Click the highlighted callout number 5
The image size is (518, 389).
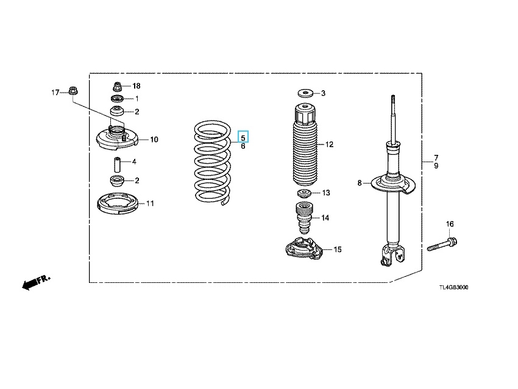(243, 137)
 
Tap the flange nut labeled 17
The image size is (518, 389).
(73, 90)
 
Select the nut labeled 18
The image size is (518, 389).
(117, 87)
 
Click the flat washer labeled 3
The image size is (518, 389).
(306, 93)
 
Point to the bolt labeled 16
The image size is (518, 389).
(442, 244)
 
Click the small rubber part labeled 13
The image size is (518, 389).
(304, 193)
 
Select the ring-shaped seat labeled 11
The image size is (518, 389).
(118, 204)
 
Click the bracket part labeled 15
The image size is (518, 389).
(303, 249)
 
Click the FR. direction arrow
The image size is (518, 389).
(36, 282)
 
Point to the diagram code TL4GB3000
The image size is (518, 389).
(453, 287)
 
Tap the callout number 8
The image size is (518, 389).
(360, 183)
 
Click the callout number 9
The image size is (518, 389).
(436, 166)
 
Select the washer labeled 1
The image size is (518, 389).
(117, 99)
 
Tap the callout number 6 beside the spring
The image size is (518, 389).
(243, 146)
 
